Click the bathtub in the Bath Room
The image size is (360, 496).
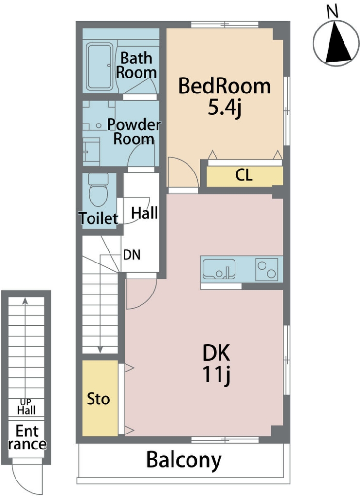click(x=100, y=66)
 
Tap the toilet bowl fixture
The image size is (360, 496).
click(x=98, y=190)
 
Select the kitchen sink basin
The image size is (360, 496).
click(x=219, y=269)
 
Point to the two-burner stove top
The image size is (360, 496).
click(x=266, y=269)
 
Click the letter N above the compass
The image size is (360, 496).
click(x=332, y=12)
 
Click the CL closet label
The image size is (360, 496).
click(x=244, y=175)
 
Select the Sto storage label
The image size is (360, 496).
click(x=98, y=399)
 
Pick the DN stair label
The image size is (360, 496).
click(x=132, y=255)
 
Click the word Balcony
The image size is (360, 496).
click(x=184, y=460)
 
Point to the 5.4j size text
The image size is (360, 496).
click(x=224, y=108)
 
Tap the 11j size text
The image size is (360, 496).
click(x=216, y=374)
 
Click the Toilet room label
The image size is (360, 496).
click(x=98, y=218)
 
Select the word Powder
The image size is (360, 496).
click(x=134, y=124)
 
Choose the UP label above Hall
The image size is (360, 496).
click(x=26, y=402)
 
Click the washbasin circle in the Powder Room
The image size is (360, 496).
click(x=99, y=126)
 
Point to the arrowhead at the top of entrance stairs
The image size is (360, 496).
click(x=25, y=301)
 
